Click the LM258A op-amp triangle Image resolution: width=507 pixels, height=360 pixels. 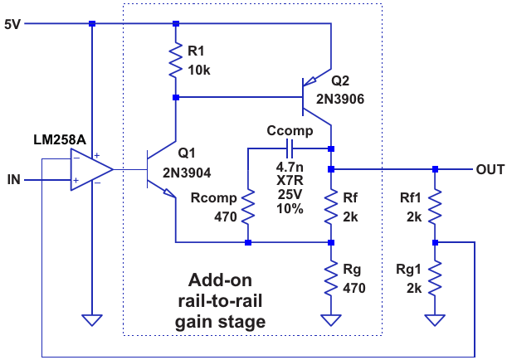[91, 170]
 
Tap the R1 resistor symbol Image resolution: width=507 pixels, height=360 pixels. [175, 61]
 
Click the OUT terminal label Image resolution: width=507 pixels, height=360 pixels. [490, 169]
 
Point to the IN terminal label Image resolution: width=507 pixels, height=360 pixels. [14, 179]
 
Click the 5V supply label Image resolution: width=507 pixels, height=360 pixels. [13, 24]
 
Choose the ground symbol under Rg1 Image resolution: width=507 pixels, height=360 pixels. [435, 319]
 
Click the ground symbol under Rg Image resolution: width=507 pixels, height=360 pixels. [330, 319]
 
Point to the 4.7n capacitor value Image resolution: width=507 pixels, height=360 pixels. [290, 166]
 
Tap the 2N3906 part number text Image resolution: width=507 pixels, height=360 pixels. [345, 99]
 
